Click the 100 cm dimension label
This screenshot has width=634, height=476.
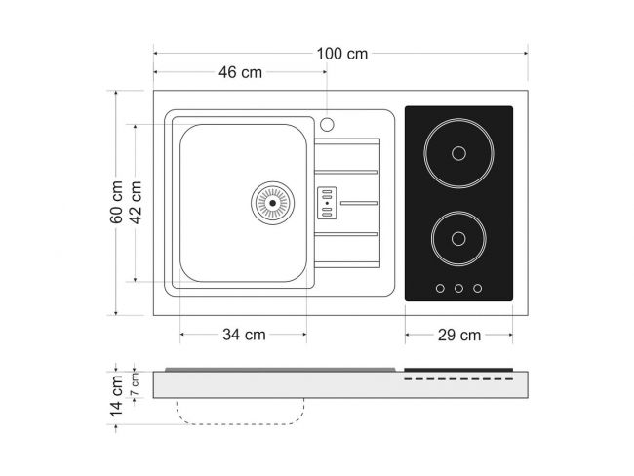pos(342,54)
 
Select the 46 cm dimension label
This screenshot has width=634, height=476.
pos(240,73)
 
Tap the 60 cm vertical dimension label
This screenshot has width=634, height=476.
pos(116,202)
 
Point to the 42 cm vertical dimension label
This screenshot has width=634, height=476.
pos(136,202)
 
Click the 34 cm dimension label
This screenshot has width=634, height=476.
pos(244,335)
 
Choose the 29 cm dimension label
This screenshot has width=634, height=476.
pos(459,336)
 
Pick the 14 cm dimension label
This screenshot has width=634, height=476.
pos(116,396)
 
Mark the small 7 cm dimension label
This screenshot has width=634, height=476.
pos(135,384)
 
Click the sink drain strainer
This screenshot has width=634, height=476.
pos(272,203)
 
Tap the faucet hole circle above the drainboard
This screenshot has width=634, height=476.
pos(327,124)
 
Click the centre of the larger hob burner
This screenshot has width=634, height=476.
pos(458,153)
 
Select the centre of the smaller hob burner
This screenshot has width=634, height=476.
pos(458,239)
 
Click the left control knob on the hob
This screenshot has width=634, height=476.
pos(440,289)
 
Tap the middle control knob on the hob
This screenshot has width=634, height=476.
pos(458,289)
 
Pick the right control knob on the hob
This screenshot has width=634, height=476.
pos(478,289)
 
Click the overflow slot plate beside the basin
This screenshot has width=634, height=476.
pos(327,203)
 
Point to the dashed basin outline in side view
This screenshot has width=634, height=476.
pos(240,412)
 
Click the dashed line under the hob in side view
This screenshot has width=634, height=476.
pos(458,379)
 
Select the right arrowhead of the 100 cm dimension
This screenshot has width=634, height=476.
pos(525,53)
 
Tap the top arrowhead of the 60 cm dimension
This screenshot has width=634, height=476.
pos(116,93)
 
